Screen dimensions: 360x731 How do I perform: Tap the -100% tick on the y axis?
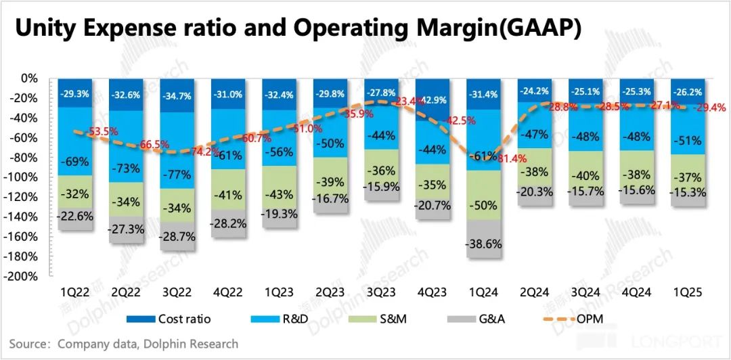tap(24, 177)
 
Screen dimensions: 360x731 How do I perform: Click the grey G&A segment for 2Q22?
tap(126, 230)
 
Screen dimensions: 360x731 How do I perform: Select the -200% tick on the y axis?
tap(24, 276)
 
